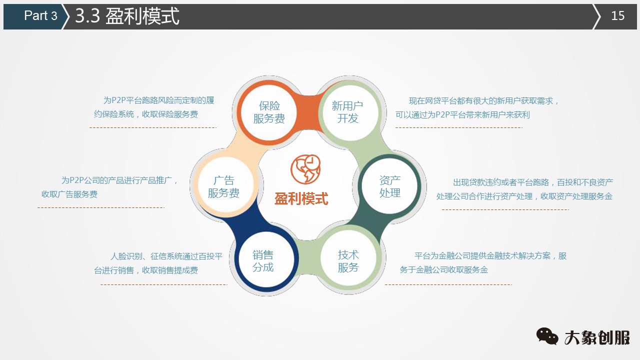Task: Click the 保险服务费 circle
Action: [269, 112]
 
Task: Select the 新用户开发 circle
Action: [347, 112]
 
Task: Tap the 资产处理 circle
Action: [389, 186]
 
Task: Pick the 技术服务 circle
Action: [348, 261]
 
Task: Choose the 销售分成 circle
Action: [263, 261]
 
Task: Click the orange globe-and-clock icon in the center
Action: [305, 169]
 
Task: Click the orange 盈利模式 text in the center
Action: [301, 198]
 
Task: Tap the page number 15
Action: [618, 16]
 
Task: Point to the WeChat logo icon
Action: [547, 336]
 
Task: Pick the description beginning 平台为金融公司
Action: [482, 262]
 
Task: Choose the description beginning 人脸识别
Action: [159, 263]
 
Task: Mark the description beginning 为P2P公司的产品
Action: [110, 187]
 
